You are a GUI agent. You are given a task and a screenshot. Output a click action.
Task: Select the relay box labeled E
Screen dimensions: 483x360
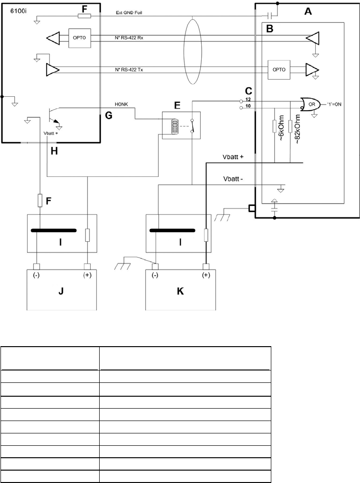pos(181,125)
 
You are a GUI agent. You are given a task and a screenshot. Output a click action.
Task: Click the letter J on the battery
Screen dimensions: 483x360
pos(61,290)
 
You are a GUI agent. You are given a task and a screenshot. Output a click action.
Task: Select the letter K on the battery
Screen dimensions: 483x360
pos(180,290)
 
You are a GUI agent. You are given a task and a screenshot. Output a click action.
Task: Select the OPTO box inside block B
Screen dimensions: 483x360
pos(279,70)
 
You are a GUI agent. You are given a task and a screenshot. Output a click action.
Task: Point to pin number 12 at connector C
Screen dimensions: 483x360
pos(247,99)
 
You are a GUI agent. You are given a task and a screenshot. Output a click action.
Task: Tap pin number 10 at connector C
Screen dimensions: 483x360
pos(247,107)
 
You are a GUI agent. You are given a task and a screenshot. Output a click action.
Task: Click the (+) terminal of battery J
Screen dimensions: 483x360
pos(87,276)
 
